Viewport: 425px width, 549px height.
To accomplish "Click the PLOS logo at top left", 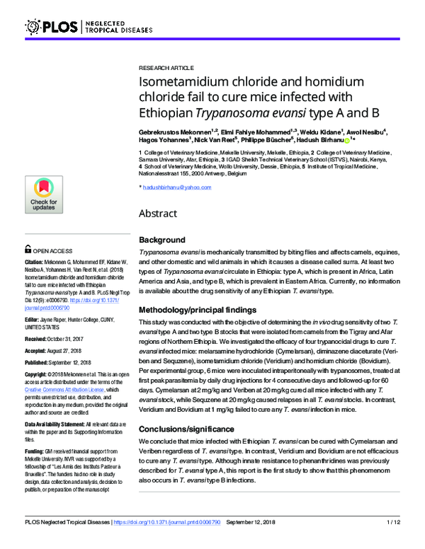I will pos(52,27).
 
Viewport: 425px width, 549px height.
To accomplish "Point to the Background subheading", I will pos(162,240).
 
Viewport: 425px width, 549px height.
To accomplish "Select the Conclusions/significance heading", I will pos(186,429).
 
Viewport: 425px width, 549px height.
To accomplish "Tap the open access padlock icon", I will pos(28,250).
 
